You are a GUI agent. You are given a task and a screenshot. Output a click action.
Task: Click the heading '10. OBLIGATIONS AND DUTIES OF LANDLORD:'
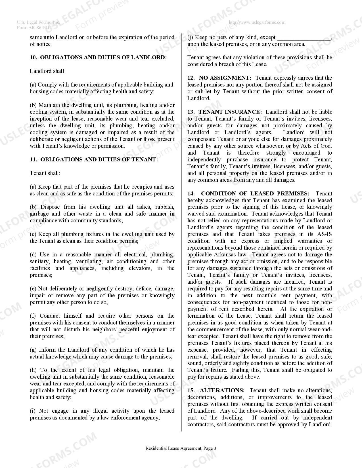click(x=98, y=58)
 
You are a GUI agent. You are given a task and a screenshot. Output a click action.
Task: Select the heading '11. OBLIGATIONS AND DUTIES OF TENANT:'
click(x=94, y=160)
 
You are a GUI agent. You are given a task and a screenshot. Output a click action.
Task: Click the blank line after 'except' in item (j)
click(x=304, y=38)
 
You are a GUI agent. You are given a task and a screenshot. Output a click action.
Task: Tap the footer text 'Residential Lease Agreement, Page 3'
click(x=181, y=448)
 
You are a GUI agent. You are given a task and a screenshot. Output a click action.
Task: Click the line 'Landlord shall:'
click(x=48, y=71)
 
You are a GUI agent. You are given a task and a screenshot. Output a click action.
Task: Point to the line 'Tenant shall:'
click(x=45, y=173)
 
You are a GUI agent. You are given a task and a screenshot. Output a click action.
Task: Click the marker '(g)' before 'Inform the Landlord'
click(x=33, y=350)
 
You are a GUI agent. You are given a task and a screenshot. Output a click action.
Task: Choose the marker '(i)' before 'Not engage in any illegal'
click(x=33, y=411)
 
